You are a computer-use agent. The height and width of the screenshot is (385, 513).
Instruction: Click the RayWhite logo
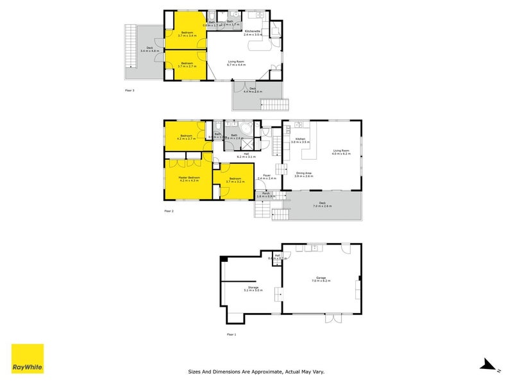(x=28, y=359)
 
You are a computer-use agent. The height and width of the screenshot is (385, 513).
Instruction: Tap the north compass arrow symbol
(x=489, y=364)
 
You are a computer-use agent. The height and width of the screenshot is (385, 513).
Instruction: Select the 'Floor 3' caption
(x=130, y=90)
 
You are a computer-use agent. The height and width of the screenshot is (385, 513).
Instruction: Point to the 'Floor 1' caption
(x=231, y=334)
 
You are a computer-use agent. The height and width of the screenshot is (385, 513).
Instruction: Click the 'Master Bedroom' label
(x=189, y=178)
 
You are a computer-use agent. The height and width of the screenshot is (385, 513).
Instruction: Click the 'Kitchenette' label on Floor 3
(x=253, y=31)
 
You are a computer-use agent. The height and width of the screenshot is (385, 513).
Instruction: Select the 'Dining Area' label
(x=304, y=173)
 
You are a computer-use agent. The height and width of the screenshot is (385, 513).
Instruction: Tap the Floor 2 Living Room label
(x=341, y=151)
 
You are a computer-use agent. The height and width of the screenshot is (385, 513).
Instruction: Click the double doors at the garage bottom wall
(x=334, y=318)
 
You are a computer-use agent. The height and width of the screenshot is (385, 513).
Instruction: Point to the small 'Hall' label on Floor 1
(x=278, y=255)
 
